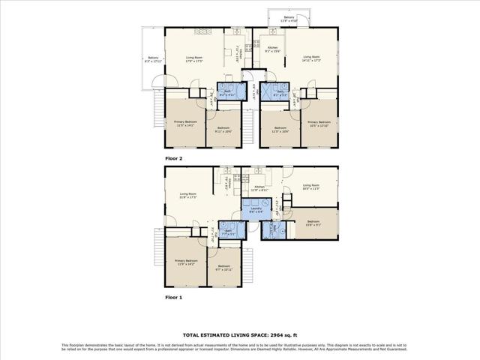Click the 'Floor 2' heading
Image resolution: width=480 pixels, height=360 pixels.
(x=174, y=159)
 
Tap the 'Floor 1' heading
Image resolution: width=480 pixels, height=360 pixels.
(x=174, y=297)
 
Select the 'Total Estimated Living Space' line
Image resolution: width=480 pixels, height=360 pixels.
(x=239, y=335)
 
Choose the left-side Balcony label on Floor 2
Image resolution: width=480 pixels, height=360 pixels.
(x=153, y=59)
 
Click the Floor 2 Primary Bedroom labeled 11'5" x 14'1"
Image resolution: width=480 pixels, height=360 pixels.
(x=184, y=124)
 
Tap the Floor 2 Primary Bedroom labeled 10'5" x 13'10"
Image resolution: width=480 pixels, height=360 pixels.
(x=319, y=124)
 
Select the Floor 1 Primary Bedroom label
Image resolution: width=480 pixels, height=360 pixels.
(x=184, y=262)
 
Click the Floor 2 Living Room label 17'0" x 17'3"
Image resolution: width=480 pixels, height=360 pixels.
(x=195, y=59)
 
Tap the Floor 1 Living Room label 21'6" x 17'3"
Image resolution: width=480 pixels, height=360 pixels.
(x=188, y=196)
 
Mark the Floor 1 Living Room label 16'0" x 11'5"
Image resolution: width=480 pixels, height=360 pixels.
(x=311, y=187)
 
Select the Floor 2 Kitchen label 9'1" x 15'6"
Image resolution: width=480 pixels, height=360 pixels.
(x=273, y=49)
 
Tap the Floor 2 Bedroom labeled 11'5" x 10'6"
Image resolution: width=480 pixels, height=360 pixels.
(x=280, y=130)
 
